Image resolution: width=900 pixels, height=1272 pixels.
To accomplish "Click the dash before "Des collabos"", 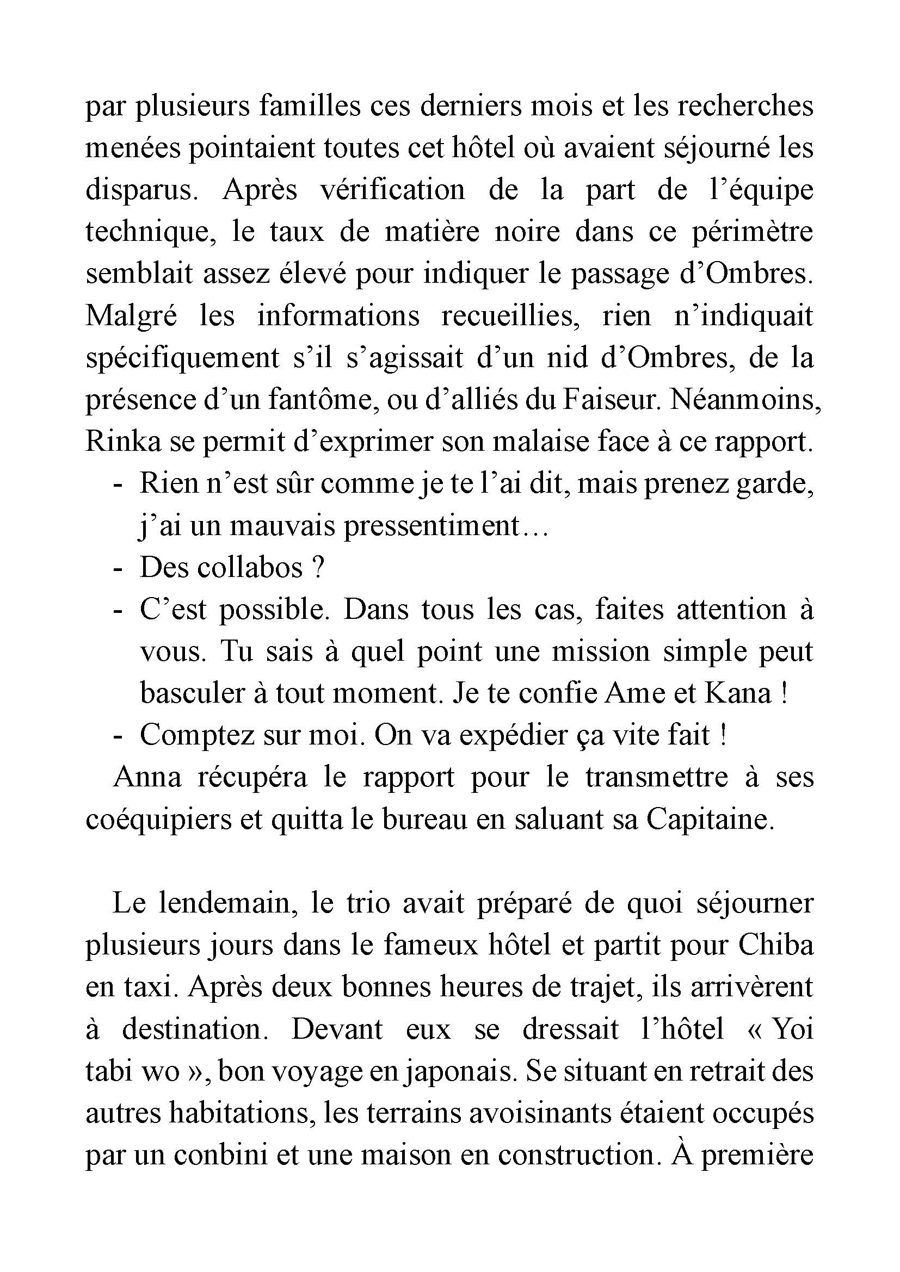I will click(116, 568).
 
